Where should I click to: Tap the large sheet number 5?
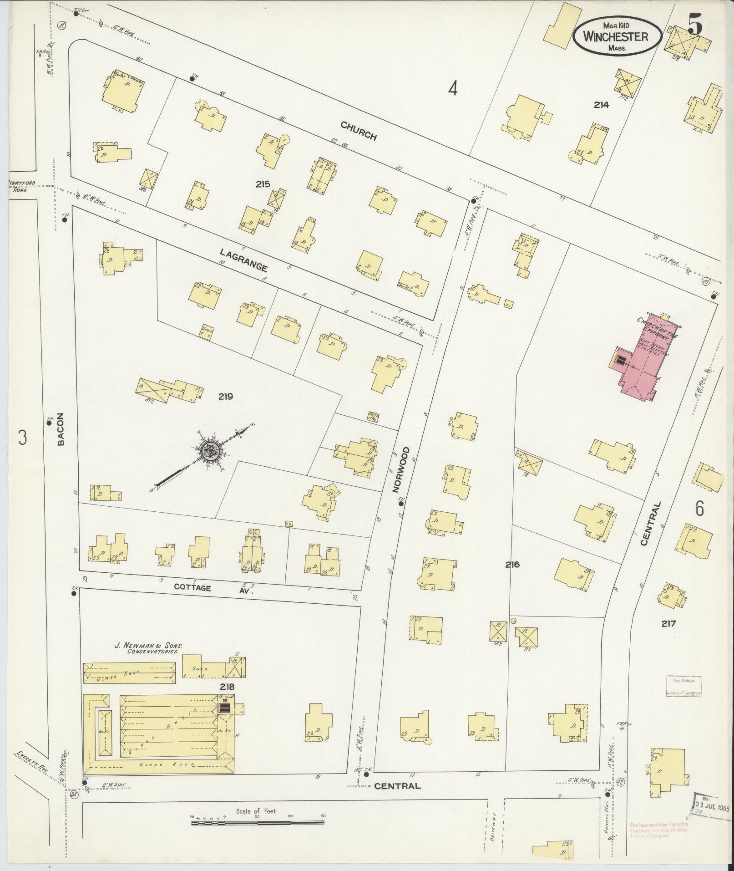(x=694, y=24)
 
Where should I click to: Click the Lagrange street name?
(x=243, y=260)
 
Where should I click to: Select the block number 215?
(x=263, y=184)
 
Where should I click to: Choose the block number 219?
(x=225, y=397)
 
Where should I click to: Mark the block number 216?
(x=512, y=565)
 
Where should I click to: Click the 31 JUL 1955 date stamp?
(x=711, y=809)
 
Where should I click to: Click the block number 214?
(x=601, y=105)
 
